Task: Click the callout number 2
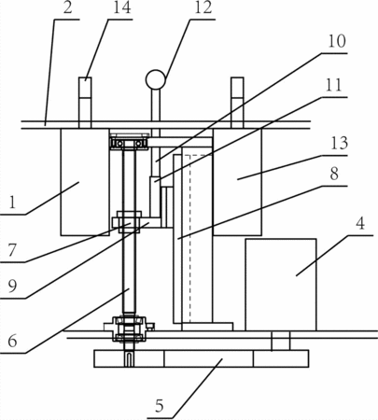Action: click(67, 8)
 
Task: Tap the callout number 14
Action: click(121, 8)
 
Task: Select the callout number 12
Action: click(203, 8)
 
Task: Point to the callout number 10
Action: click(337, 42)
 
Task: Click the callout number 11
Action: click(334, 85)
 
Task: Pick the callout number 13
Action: click(339, 144)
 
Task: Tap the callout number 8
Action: click(334, 175)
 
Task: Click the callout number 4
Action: click(360, 224)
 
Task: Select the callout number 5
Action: click(160, 406)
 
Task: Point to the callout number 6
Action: click(12, 342)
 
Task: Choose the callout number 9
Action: click(12, 287)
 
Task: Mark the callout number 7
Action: click(12, 250)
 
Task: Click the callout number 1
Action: click(12, 203)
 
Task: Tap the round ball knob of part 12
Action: click(156, 79)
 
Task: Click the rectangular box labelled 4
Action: click(281, 285)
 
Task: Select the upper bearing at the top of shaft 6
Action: click(128, 142)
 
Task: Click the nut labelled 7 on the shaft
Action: click(129, 222)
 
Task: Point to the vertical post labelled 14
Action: click(85, 103)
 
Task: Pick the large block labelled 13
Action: click(237, 182)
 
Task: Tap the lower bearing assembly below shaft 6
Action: click(129, 329)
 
